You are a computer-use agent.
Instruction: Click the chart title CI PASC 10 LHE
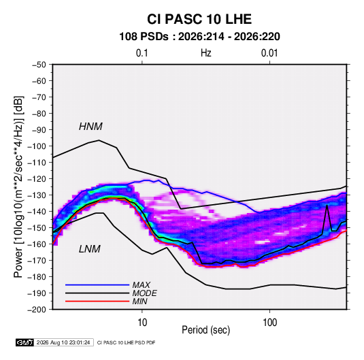click(x=199, y=19)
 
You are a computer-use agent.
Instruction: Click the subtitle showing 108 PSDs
click(x=199, y=37)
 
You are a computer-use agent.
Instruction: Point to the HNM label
click(x=90, y=127)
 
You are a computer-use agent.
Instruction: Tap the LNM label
click(x=90, y=249)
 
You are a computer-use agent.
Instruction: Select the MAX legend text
click(x=141, y=284)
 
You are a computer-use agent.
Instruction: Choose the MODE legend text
click(x=144, y=293)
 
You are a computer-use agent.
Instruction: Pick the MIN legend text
click(x=139, y=301)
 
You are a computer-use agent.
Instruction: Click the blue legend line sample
click(x=97, y=284)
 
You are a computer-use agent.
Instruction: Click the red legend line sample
click(x=97, y=301)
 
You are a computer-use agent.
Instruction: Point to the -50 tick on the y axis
click(x=39, y=65)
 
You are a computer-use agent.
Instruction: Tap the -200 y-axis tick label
click(x=37, y=310)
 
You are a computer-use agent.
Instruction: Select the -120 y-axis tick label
click(x=37, y=179)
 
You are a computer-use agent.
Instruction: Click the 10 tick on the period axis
click(x=142, y=323)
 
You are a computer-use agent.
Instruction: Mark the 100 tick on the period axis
click(x=269, y=323)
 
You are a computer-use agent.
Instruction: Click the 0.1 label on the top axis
click(x=142, y=53)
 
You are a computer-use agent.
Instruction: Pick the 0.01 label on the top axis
click(x=269, y=53)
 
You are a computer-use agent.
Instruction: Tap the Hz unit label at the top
click(x=206, y=53)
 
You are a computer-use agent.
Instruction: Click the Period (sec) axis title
click(x=206, y=330)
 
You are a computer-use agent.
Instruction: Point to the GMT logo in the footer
click(x=25, y=342)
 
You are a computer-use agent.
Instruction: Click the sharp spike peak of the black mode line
click(x=327, y=205)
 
